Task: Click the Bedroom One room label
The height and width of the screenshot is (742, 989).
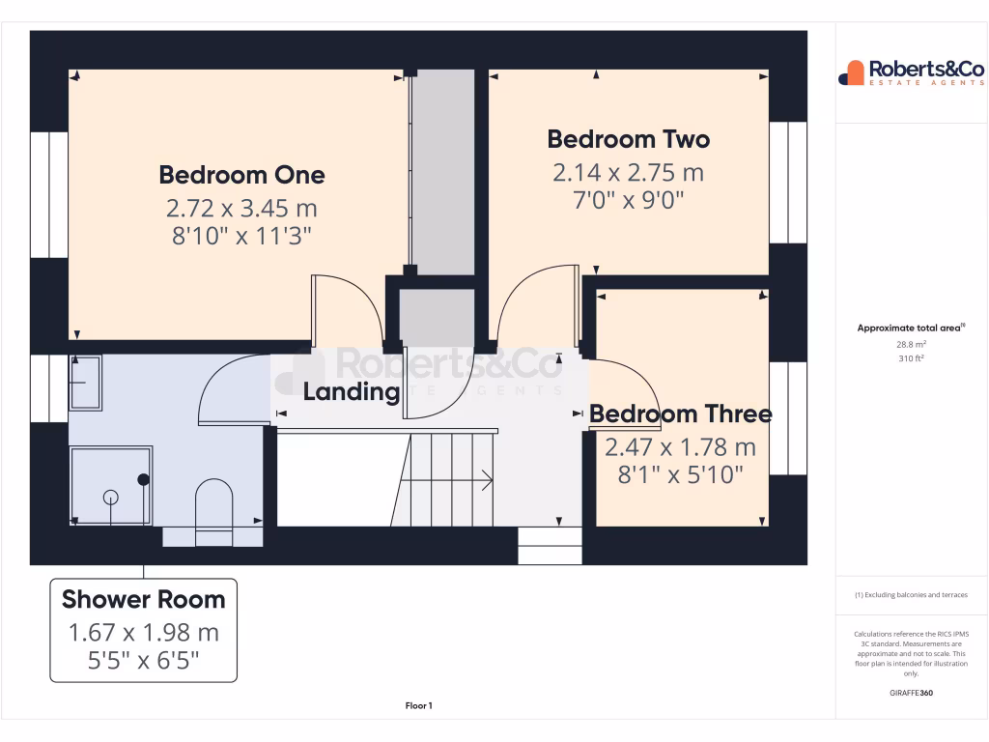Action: (241, 175)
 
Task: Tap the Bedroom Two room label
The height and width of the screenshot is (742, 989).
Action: (628, 139)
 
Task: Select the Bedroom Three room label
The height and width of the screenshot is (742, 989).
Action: (680, 414)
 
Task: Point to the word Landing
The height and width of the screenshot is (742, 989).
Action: (351, 392)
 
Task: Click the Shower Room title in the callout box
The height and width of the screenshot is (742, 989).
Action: (143, 599)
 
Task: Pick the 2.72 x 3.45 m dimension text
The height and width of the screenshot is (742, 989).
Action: (241, 208)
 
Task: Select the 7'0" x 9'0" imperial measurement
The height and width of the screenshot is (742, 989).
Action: (628, 201)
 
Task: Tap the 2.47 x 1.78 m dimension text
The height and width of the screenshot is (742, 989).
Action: (680, 447)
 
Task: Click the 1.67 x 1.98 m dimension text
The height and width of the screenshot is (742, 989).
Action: (143, 633)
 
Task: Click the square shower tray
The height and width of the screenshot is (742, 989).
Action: (110, 486)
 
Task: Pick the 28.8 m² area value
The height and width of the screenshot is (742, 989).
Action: (912, 344)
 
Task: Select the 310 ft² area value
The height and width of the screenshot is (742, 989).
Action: (912, 357)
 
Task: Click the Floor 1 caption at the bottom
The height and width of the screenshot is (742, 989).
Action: (417, 706)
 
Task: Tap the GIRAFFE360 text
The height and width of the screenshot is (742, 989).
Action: (911, 693)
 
